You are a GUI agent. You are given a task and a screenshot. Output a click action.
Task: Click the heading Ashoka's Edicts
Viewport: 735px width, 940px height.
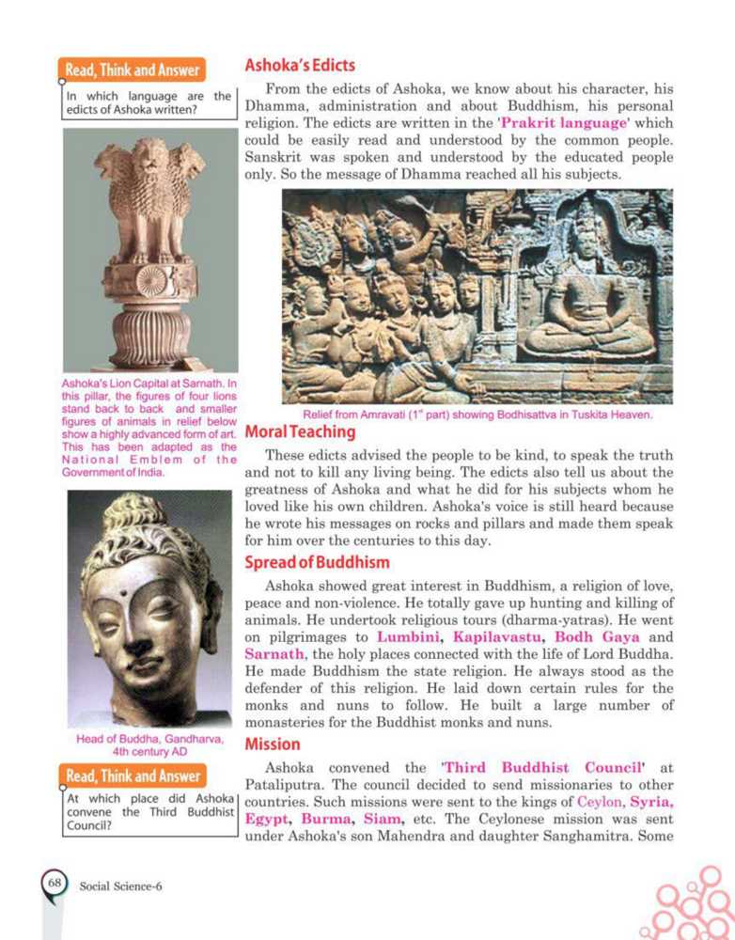tap(300, 65)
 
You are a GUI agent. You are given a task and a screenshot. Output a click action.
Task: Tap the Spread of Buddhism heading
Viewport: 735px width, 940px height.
tap(317, 562)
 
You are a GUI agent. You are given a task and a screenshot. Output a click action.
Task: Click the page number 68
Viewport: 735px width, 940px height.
tap(55, 883)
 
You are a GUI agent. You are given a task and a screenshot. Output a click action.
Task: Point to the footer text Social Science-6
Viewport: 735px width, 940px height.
tap(121, 885)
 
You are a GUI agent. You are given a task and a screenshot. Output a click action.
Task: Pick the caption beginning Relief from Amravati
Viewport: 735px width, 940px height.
tap(477, 415)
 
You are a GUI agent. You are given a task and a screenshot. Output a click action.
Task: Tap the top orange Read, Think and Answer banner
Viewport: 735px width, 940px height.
tap(134, 70)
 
